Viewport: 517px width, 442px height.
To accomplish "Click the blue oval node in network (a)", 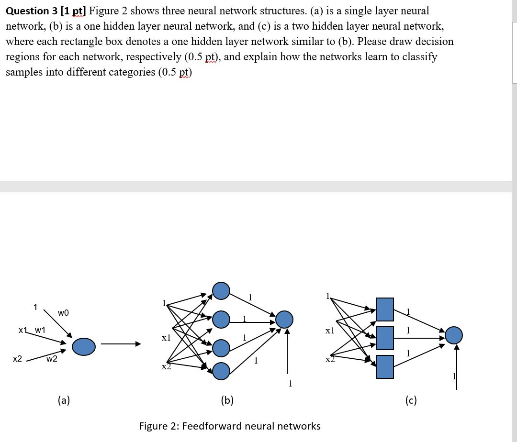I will [x=84, y=346].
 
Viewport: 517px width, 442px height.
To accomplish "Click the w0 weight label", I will [x=63, y=313].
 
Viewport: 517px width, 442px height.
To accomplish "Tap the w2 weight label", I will [x=52, y=359].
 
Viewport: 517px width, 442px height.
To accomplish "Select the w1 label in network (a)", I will [x=40, y=330].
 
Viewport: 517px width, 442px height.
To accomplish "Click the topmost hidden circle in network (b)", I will [x=221, y=290].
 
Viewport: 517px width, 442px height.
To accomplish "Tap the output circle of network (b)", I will [x=284, y=319].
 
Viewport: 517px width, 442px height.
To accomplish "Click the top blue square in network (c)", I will [x=384, y=309].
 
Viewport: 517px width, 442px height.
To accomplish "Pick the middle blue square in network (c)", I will [x=384, y=338].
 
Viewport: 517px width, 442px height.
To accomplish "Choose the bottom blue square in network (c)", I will [x=384, y=367].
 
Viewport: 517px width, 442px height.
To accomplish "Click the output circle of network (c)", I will [x=454, y=335].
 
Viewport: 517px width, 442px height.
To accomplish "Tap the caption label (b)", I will [x=227, y=400].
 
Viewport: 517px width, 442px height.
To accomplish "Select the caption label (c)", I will [x=411, y=400].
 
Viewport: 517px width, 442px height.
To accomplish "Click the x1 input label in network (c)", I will [x=329, y=331].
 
